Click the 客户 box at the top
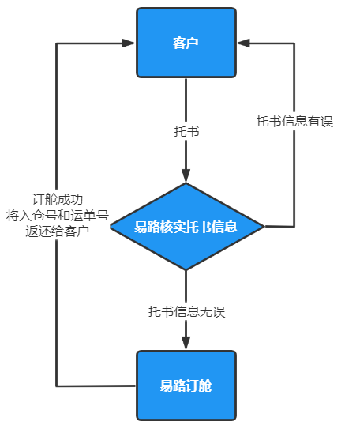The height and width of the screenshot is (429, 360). [x=186, y=43]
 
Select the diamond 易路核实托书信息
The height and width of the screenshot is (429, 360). [x=186, y=227]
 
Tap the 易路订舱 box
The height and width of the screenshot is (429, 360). [x=186, y=386]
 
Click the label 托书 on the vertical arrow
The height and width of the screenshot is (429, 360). [x=186, y=131]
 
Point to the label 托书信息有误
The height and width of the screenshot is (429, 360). [x=294, y=121]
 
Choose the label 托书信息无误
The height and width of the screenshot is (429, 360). [x=186, y=311]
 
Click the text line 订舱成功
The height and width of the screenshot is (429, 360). [x=58, y=199]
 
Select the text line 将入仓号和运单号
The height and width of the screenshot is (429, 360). [x=58, y=216]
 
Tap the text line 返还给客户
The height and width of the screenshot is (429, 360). [x=58, y=231]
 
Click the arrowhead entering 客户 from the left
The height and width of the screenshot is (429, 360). [x=129, y=43]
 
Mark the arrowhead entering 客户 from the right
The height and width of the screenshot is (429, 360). [x=243, y=43]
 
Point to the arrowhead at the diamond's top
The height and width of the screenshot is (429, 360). [x=186, y=175]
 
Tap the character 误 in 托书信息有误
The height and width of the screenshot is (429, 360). [x=327, y=121]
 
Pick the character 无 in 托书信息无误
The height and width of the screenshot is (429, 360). [x=206, y=311]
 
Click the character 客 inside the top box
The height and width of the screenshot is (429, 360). [x=179, y=43]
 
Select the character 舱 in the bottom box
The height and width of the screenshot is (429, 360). [x=205, y=386]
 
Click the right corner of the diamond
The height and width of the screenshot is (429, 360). [x=264, y=227]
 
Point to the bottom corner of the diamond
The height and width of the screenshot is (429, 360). [x=186, y=270]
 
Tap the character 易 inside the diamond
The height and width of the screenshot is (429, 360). [x=141, y=227]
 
